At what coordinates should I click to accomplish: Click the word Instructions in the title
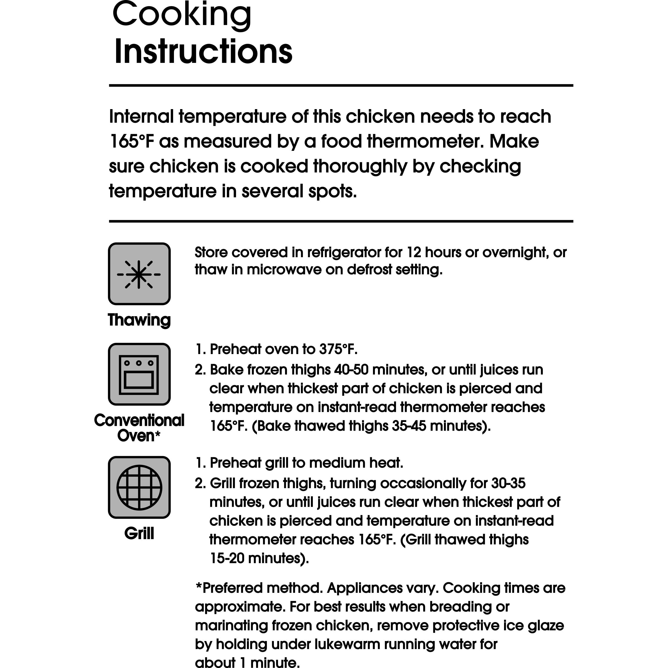click(203, 52)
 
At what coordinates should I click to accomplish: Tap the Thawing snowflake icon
click(139, 274)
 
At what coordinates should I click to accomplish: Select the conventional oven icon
click(139, 374)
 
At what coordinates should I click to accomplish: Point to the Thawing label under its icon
click(139, 320)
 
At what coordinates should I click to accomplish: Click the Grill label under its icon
click(139, 533)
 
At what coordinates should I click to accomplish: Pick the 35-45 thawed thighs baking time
click(409, 426)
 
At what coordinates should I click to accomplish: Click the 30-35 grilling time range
click(508, 483)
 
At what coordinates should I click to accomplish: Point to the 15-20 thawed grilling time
click(227, 558)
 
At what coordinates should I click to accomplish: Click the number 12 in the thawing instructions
click(414, 252)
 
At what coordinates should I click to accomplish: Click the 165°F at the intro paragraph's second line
click(131, 141)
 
